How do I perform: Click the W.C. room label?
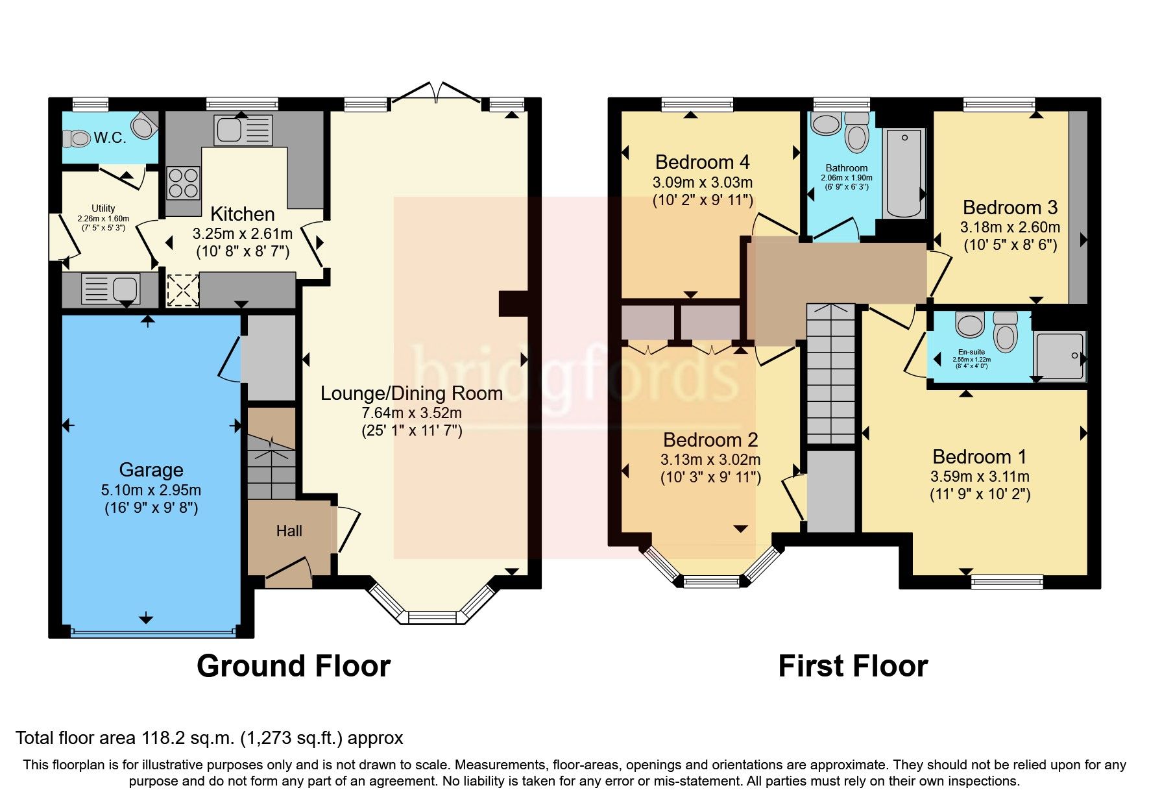point(110,138)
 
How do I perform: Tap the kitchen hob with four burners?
point(183,182)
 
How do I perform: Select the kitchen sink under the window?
point(242,130)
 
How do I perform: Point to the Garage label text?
point(151,469)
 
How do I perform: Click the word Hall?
point(289,531)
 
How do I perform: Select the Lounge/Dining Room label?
point(411,393)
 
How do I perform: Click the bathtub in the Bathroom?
point(904,173)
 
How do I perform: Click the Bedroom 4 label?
point(703,162)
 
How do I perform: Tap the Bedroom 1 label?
point(980,456)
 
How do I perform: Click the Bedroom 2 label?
point(710,440)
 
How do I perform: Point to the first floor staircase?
point(830,377)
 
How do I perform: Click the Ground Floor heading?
point(293,666)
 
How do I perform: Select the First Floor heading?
point(853,666)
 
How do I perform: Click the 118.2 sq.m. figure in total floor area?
point(188,738)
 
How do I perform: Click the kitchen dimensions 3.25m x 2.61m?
point(242,234)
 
